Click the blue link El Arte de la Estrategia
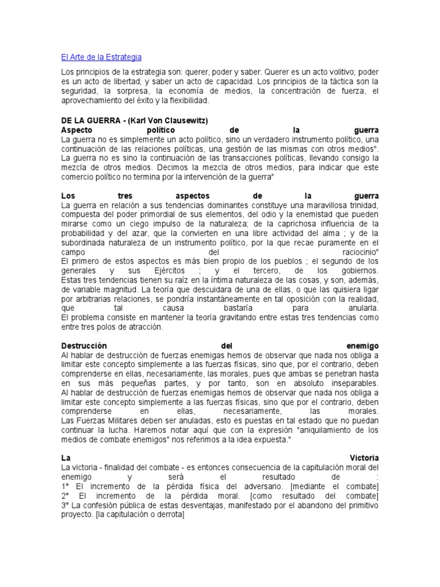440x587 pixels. point(101,57)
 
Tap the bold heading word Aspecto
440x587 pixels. point(78,130)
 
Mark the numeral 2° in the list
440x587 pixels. point(65,496)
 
